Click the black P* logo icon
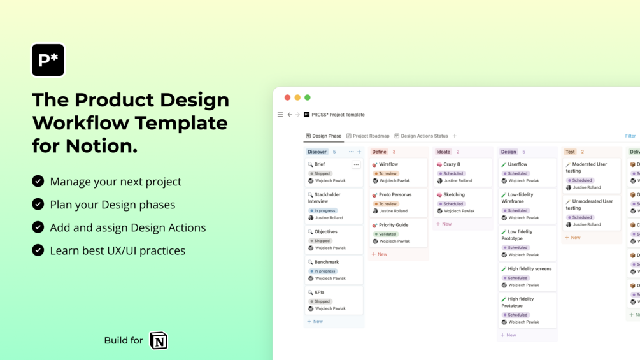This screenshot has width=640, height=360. click(x=48, y=60)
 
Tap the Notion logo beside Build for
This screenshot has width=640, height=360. click(x=159, y=341)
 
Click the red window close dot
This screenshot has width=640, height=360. click(x=287, y=97)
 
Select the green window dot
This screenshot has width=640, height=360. click(x=308, y=97)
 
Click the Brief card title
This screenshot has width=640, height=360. click(x=320, y=164)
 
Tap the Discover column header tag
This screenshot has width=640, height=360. click(x=317, y=152)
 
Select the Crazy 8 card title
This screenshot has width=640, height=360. click(x=452, y=164)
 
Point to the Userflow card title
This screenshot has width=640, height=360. click(x=517, y=164)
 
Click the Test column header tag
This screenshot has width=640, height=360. click(x=570, y=152)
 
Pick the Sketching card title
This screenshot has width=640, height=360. click(x=454, y=195)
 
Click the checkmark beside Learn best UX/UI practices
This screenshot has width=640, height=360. click(x=38, y=250)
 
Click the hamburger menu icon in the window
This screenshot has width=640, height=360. click(x=280, y=115)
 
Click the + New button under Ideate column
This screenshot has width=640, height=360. click(x=444, y=224)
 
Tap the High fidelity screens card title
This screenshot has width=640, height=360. click(x=530, y=269)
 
